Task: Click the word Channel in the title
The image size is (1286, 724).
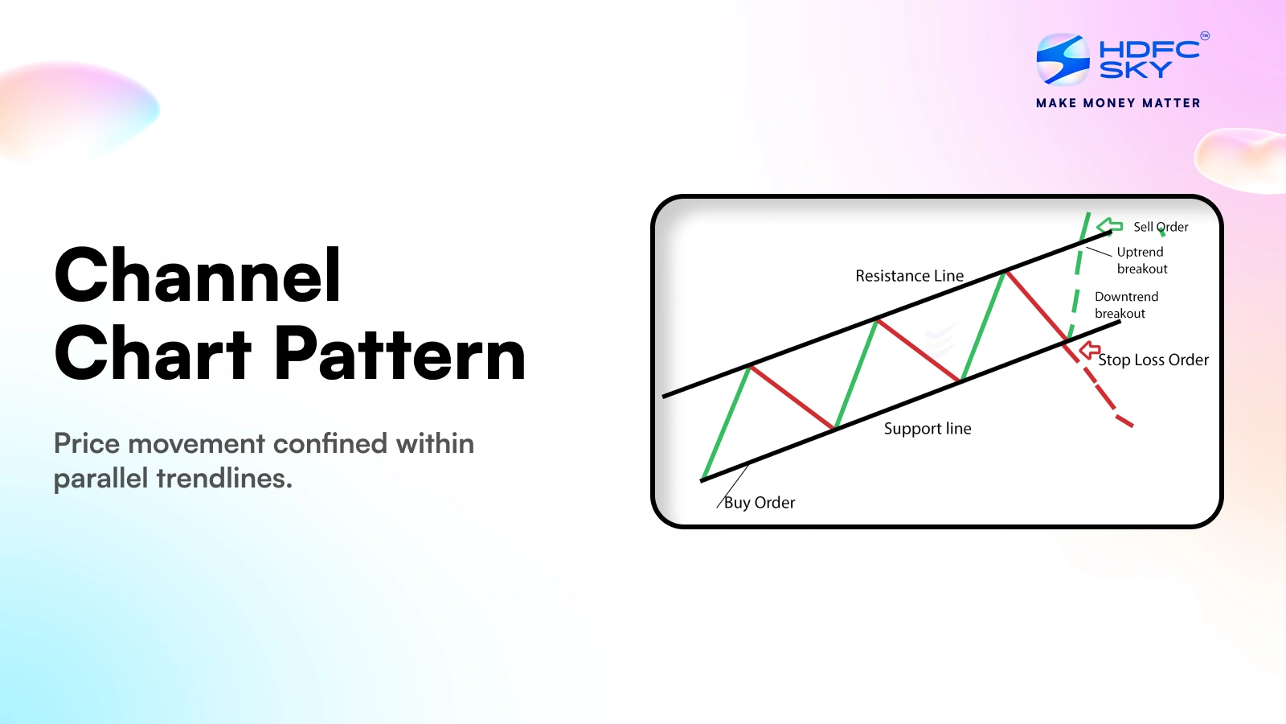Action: point(198,274)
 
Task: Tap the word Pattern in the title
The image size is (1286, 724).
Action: point(399,352)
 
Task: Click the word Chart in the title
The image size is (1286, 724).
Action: point(153,352)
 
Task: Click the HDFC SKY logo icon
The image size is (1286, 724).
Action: point(1063,60)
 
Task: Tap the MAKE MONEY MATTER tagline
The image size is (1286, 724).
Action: point(1118,104)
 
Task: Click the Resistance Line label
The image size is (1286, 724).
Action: point(909,276)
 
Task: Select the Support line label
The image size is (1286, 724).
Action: point(928,429)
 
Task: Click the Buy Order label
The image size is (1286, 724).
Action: point(759,503)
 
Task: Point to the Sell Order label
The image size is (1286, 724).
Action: point(1161,227)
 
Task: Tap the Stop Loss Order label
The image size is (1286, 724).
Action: point(1153,360)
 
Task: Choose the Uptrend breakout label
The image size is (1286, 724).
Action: point(1142,261)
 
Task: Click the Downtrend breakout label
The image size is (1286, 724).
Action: point(1126,305)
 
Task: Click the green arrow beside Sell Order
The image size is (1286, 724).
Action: point(1109,226)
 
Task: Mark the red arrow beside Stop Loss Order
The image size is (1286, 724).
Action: point(1089,350)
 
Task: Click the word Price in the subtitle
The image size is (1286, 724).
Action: point(88,443)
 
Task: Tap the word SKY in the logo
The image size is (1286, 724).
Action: point(1135,69)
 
